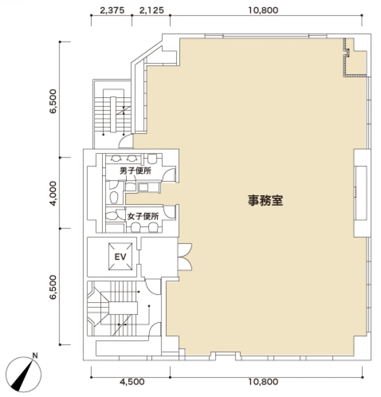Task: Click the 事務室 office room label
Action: (x=265, y=200)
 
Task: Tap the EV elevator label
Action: (x=120, y=257)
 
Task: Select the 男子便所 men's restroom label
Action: (x=135, y=171)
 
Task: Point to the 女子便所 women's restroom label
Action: (x=143, y=216)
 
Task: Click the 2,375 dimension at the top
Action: (x=112, y=11)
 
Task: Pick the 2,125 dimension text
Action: (x=151, y=11)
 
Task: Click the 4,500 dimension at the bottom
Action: (x=132, y=382)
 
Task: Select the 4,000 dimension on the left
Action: (x=53, y=194)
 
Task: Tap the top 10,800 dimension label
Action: (x=263, y=11)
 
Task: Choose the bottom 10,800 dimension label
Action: (x=263, y=382)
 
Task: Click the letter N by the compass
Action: (x=35, y=356)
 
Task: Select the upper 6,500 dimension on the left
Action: (x=53, y=101)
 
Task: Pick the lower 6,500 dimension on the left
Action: (x=53, y=287)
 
